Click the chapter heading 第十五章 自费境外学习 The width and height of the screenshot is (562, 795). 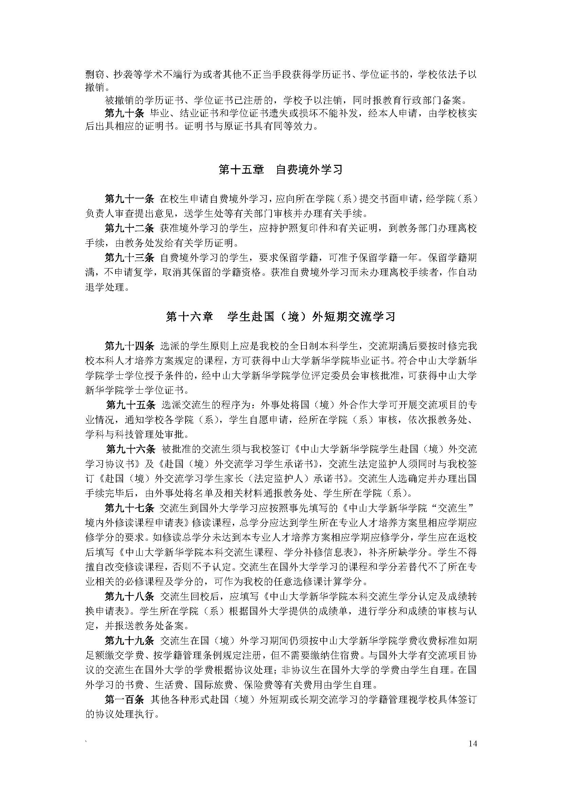coord(281,170)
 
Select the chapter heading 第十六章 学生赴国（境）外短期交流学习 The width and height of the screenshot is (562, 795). coord(281,317)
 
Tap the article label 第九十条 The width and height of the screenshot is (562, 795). coord(124,113)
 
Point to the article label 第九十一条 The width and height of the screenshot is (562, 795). coord(129,199)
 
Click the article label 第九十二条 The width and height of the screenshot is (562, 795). coord(129,228)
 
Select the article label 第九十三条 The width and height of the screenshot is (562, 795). coord(129,258)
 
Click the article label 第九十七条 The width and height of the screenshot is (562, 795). coord(129,508)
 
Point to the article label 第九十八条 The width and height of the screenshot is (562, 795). coord(129,597)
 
